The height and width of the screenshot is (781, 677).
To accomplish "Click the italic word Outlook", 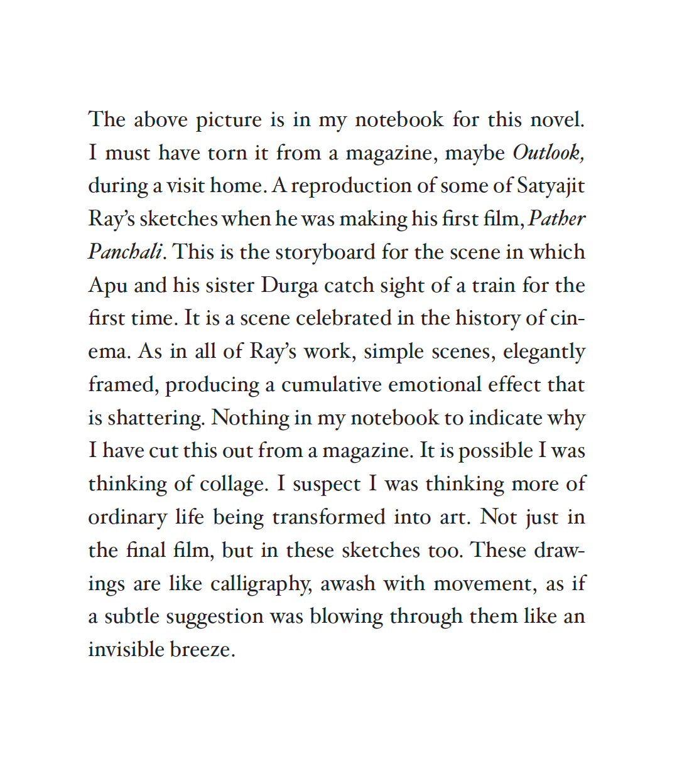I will (548, 153).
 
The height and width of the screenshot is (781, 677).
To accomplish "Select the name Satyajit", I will (551, 186).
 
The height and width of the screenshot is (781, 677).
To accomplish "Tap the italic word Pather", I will (557, 218).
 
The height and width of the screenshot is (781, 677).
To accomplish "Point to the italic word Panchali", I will (125, 252).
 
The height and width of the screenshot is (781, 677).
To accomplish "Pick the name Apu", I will (107, 286).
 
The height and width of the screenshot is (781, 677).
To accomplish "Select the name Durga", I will (290, 285).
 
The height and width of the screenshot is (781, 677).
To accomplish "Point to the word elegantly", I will (544, 352).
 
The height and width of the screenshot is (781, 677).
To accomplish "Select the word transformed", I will (328, 517).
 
